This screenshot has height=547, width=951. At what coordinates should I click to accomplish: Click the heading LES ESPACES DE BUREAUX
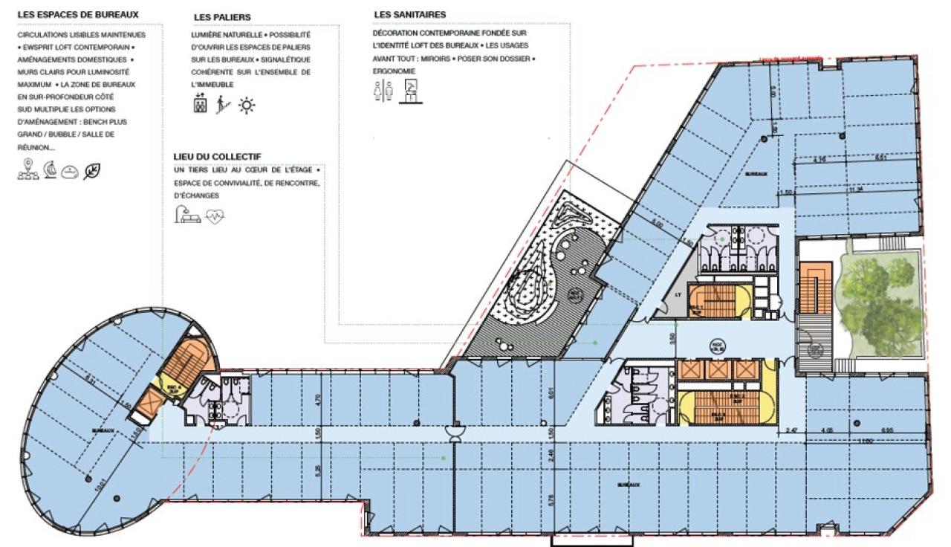pos(77,14)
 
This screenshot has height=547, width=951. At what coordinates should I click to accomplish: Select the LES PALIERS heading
pos(221,16)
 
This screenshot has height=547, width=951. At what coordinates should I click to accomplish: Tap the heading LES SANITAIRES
pos(409,14)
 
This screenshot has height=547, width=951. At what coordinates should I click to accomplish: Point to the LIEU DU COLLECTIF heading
pos(216,155)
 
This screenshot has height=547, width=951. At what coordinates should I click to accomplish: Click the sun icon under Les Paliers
pos(246,106)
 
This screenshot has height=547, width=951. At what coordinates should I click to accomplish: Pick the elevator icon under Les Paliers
pos(200,105)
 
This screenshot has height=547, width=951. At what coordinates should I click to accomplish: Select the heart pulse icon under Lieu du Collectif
pos(215,216)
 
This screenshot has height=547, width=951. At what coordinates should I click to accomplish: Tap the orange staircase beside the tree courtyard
pos(814,288)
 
